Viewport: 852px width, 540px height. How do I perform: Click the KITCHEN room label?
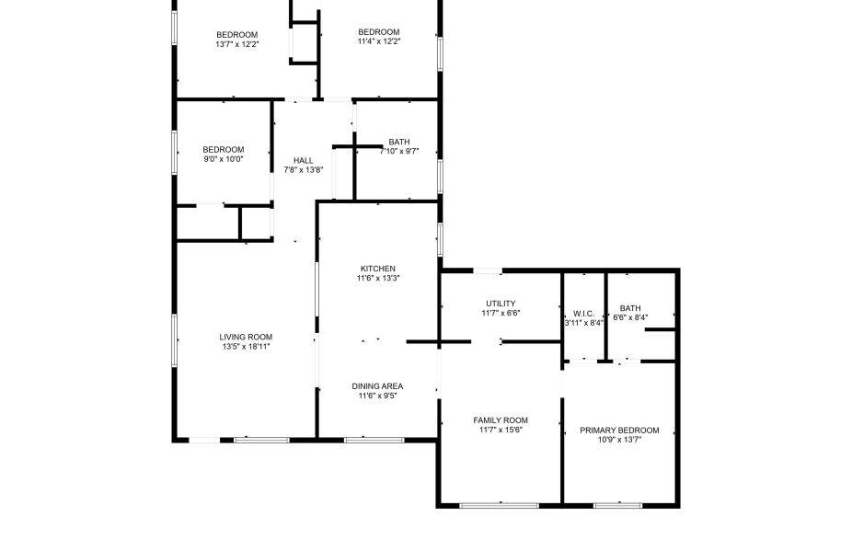(x=377, y=269)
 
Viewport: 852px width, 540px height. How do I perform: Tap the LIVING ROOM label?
(x=246, y=337)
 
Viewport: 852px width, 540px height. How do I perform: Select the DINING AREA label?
(x=377, y=386)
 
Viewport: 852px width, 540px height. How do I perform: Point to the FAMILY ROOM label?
(x=501, y=419)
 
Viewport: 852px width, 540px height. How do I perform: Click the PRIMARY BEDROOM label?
(x=619, y=431)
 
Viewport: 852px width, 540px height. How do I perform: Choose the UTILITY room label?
(x=501, y=304)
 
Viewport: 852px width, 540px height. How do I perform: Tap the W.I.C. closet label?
(x=583, y=314)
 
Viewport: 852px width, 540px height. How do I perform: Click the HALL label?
(x=304, y=160)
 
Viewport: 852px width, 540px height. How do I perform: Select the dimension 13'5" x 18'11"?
(x=247, y=347)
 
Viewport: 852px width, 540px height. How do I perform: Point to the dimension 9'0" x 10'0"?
(x=224, y=159)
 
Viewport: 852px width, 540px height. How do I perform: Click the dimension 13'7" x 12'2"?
(x=236, y=44)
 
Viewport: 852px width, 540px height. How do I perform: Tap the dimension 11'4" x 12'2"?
(x=379, y=41)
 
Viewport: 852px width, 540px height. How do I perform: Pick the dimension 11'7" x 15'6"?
(x=501, y=430)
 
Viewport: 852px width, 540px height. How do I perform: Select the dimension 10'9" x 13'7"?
(x=619, y=440)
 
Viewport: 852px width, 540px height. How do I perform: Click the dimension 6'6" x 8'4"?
(x=630, y=317)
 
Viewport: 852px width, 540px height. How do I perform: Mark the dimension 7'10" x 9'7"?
(x=399, y=152)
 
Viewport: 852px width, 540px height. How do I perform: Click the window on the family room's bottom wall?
(x=499, y=506)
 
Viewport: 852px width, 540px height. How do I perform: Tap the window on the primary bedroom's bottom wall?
(x=617, y=506)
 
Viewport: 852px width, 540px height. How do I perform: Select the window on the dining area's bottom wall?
(x=374, y=440)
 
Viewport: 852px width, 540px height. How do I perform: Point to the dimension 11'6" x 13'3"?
(x=378, y=278)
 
